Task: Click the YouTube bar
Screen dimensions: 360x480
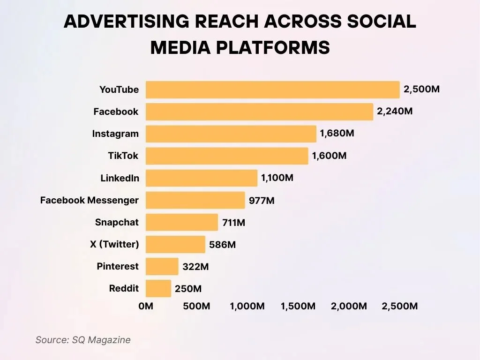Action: tap(272, 90)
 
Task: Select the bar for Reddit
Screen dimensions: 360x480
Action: tap(158, 288)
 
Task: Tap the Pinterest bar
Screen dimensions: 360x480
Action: tap(162, 266)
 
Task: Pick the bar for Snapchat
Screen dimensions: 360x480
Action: tap(182, 222)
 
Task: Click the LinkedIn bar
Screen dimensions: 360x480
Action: tap(202, 178)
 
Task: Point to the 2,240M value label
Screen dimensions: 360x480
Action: tap(395, 112)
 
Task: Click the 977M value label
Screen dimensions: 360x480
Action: tap(262, 201)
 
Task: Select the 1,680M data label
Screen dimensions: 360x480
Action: tap(337, 134)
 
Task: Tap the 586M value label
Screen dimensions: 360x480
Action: tap(222, 245)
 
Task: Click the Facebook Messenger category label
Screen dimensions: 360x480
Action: tap(90, 200)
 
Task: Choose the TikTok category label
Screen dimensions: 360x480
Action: tap(123, 156)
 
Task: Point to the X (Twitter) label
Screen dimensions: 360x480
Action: tap(114, 244)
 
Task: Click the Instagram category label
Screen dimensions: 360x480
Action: tap(115, 134)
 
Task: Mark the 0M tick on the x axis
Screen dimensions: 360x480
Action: tap(146, 306)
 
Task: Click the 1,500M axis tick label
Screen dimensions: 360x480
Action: tap(298, 306)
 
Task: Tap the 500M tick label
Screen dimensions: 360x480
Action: tap(196, 306)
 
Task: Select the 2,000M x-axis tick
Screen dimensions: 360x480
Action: tap(349, 306)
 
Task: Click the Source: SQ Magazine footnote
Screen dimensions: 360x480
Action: tap(83, 340)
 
